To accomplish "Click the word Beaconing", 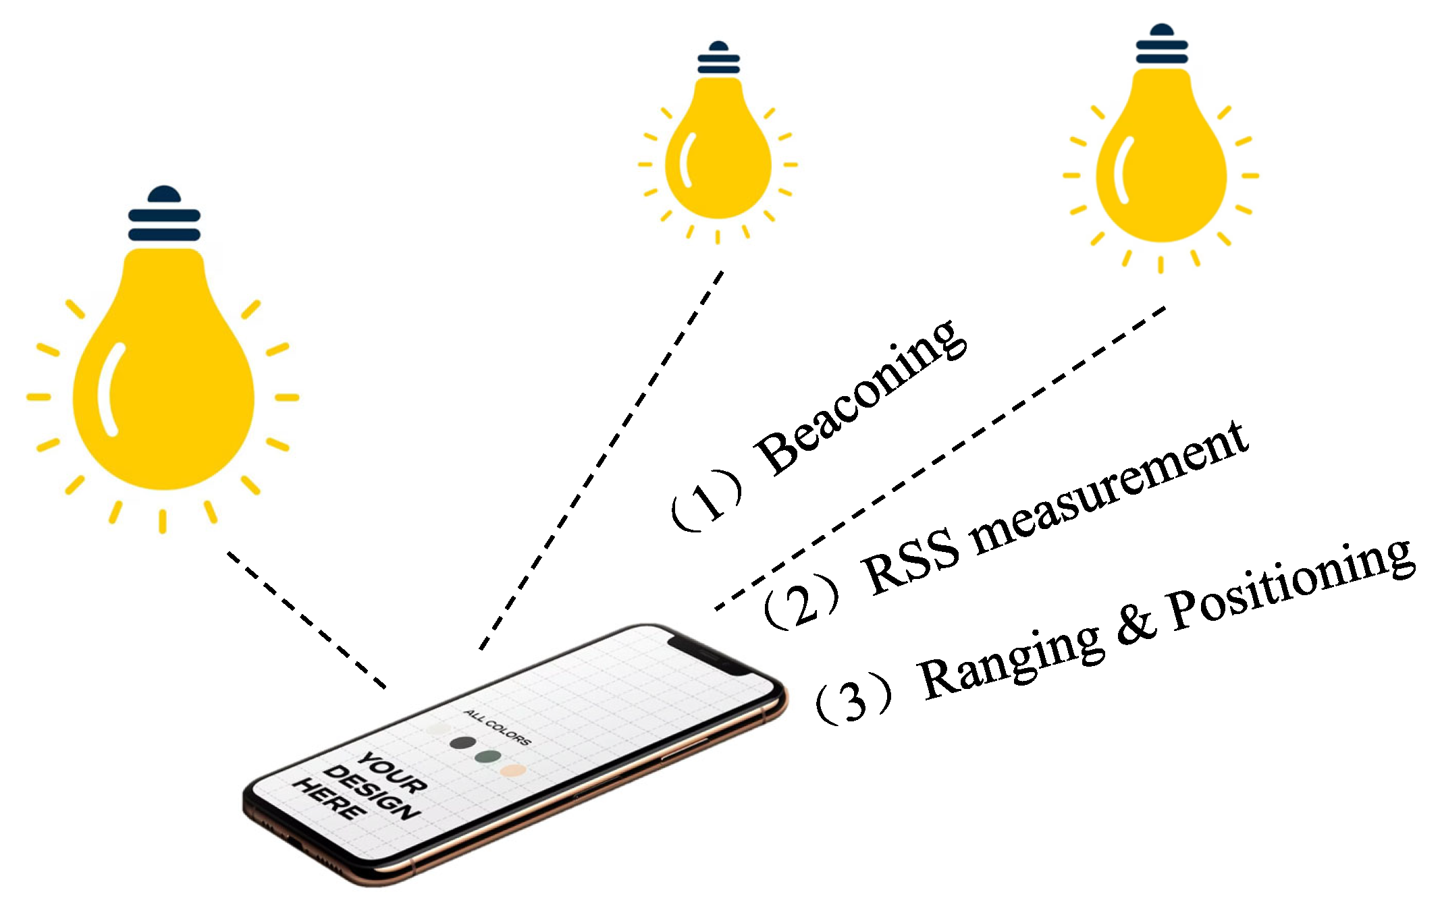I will [861, 398].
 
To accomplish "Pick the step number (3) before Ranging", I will [854, 698].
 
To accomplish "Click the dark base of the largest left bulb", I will [164, 216].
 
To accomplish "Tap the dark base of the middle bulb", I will [718, 58].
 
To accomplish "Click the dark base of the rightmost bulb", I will [1161, 45].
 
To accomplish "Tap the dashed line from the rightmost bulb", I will [938, 459].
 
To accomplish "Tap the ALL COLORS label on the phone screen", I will [498, 727].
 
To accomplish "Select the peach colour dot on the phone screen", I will [513, 769].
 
